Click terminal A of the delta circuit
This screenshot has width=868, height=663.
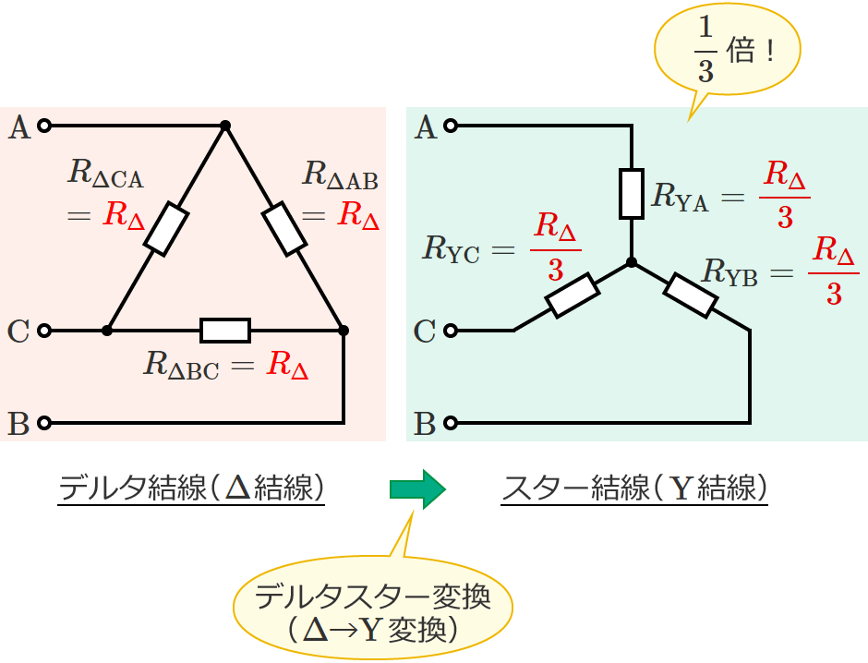[42, 125]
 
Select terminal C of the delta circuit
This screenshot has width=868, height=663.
[42, 329]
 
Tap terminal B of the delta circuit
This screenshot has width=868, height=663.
[42, 424]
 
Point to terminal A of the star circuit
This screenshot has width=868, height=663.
[451, 125]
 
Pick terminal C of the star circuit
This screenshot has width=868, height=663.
[451, 330]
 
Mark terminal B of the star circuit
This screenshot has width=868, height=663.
[451, 424]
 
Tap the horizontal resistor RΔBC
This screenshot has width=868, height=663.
[225, 330]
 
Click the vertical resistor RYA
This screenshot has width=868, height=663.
[632, 194]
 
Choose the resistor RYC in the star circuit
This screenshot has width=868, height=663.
[573, 295]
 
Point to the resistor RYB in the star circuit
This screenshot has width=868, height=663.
[690, 295]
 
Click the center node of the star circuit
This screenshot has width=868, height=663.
[632, 262]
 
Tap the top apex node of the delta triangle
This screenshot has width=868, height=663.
[224, 125]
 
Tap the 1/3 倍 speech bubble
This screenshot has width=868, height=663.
[729, 56]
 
